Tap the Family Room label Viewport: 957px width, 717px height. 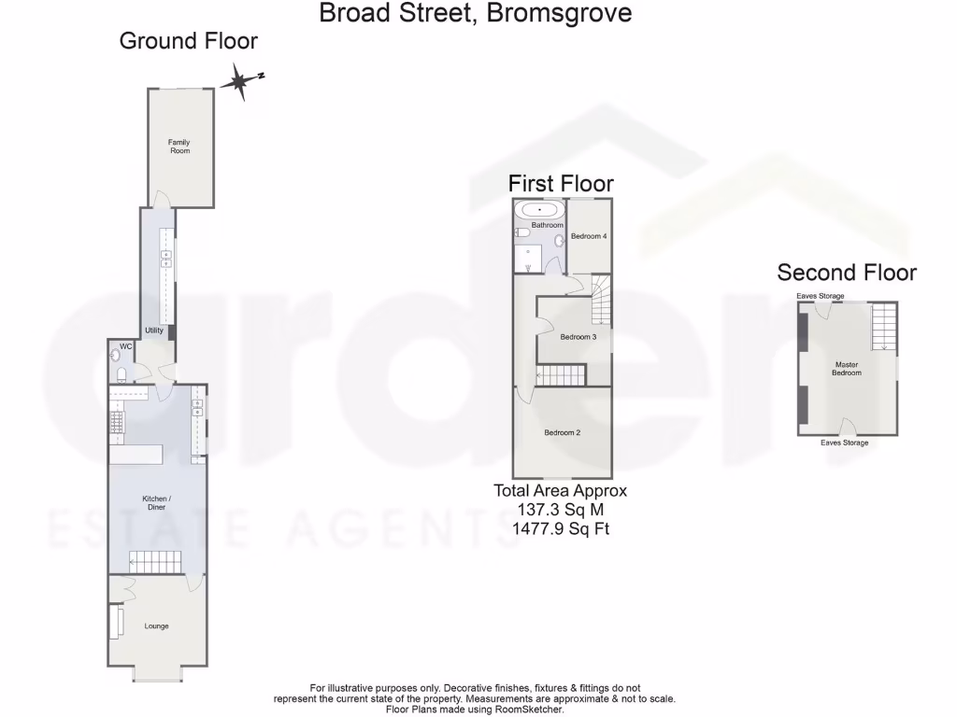[179, 146]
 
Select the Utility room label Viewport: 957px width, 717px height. [154, 330]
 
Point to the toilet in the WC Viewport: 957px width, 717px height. [122, 374]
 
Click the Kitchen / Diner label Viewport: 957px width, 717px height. [155, 502]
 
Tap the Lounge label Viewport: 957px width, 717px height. [156, 626]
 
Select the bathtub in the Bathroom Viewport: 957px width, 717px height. [540, 210]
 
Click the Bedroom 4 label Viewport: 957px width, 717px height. [590, 236]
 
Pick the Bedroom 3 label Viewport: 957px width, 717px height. [578, 337]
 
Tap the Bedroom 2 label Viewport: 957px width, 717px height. [563, 432]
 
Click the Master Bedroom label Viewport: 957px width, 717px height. [847, 368]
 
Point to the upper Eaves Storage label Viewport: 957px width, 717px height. [820, 297]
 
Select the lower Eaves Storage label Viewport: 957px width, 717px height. [844, 443]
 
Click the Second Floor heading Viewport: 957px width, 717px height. [847, 273]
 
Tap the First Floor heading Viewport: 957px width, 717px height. [561, 183]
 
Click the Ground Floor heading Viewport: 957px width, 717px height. [189, 41]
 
